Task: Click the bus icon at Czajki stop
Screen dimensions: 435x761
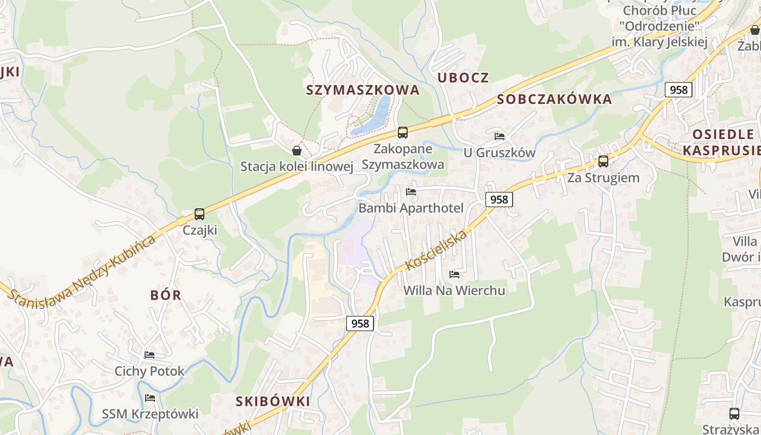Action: point(199,214)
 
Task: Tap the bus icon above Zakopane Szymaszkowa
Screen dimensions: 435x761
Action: point(402,132)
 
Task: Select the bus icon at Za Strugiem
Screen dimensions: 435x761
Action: point(603,161)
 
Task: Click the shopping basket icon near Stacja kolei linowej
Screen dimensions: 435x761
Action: point(297,151)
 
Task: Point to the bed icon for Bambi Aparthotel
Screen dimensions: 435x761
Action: point(411,192)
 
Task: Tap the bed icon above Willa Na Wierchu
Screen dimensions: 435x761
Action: point(454,275)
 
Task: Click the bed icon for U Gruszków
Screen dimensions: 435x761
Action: point(500,136)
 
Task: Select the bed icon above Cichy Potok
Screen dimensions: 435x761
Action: point(149,355)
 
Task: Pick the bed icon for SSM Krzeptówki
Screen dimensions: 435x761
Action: point(150,399)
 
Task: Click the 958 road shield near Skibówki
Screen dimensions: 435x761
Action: point(360,324)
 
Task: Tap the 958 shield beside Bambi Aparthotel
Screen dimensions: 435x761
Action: point(498,200)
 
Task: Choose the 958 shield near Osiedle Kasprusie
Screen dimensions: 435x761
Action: point(678,90)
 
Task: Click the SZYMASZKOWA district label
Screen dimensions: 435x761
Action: point(363,90)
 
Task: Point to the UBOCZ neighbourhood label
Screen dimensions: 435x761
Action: point(463,78)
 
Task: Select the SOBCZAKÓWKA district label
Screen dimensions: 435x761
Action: point(554,100)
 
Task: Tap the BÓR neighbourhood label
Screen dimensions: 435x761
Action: point(166,295)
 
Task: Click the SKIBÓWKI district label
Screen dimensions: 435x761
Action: point(273,402)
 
